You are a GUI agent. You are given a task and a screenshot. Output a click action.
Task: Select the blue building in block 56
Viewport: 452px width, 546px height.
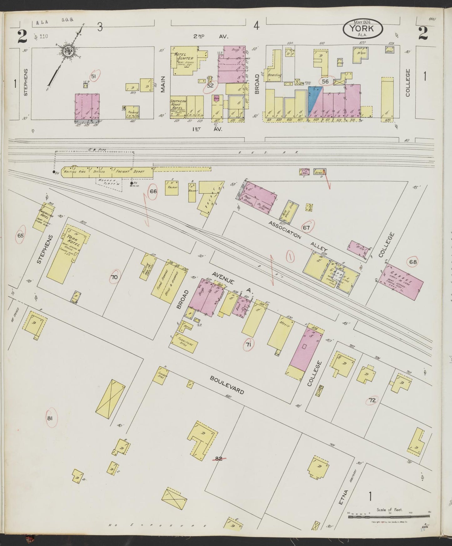coord(314,100)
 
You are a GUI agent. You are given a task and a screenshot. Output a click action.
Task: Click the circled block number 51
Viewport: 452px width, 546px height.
coord(93,76)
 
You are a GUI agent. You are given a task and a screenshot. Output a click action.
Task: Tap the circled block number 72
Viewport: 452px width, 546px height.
coord(372,400)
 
